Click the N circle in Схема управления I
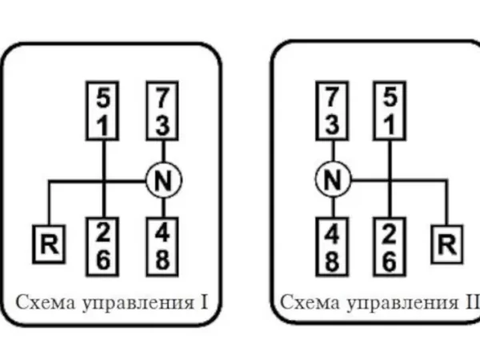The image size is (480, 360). (164, 181)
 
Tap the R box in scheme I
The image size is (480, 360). (50, 245)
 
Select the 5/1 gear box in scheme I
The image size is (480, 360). (104, 112)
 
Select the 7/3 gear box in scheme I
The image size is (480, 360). (163, 112)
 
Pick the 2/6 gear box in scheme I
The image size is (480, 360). (104, 246)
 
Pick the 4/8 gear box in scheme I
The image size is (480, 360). (163, 246)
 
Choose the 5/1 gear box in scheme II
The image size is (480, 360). (390, 112)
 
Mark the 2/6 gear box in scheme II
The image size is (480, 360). (390, 246)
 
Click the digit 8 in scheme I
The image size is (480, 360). (163, 260)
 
